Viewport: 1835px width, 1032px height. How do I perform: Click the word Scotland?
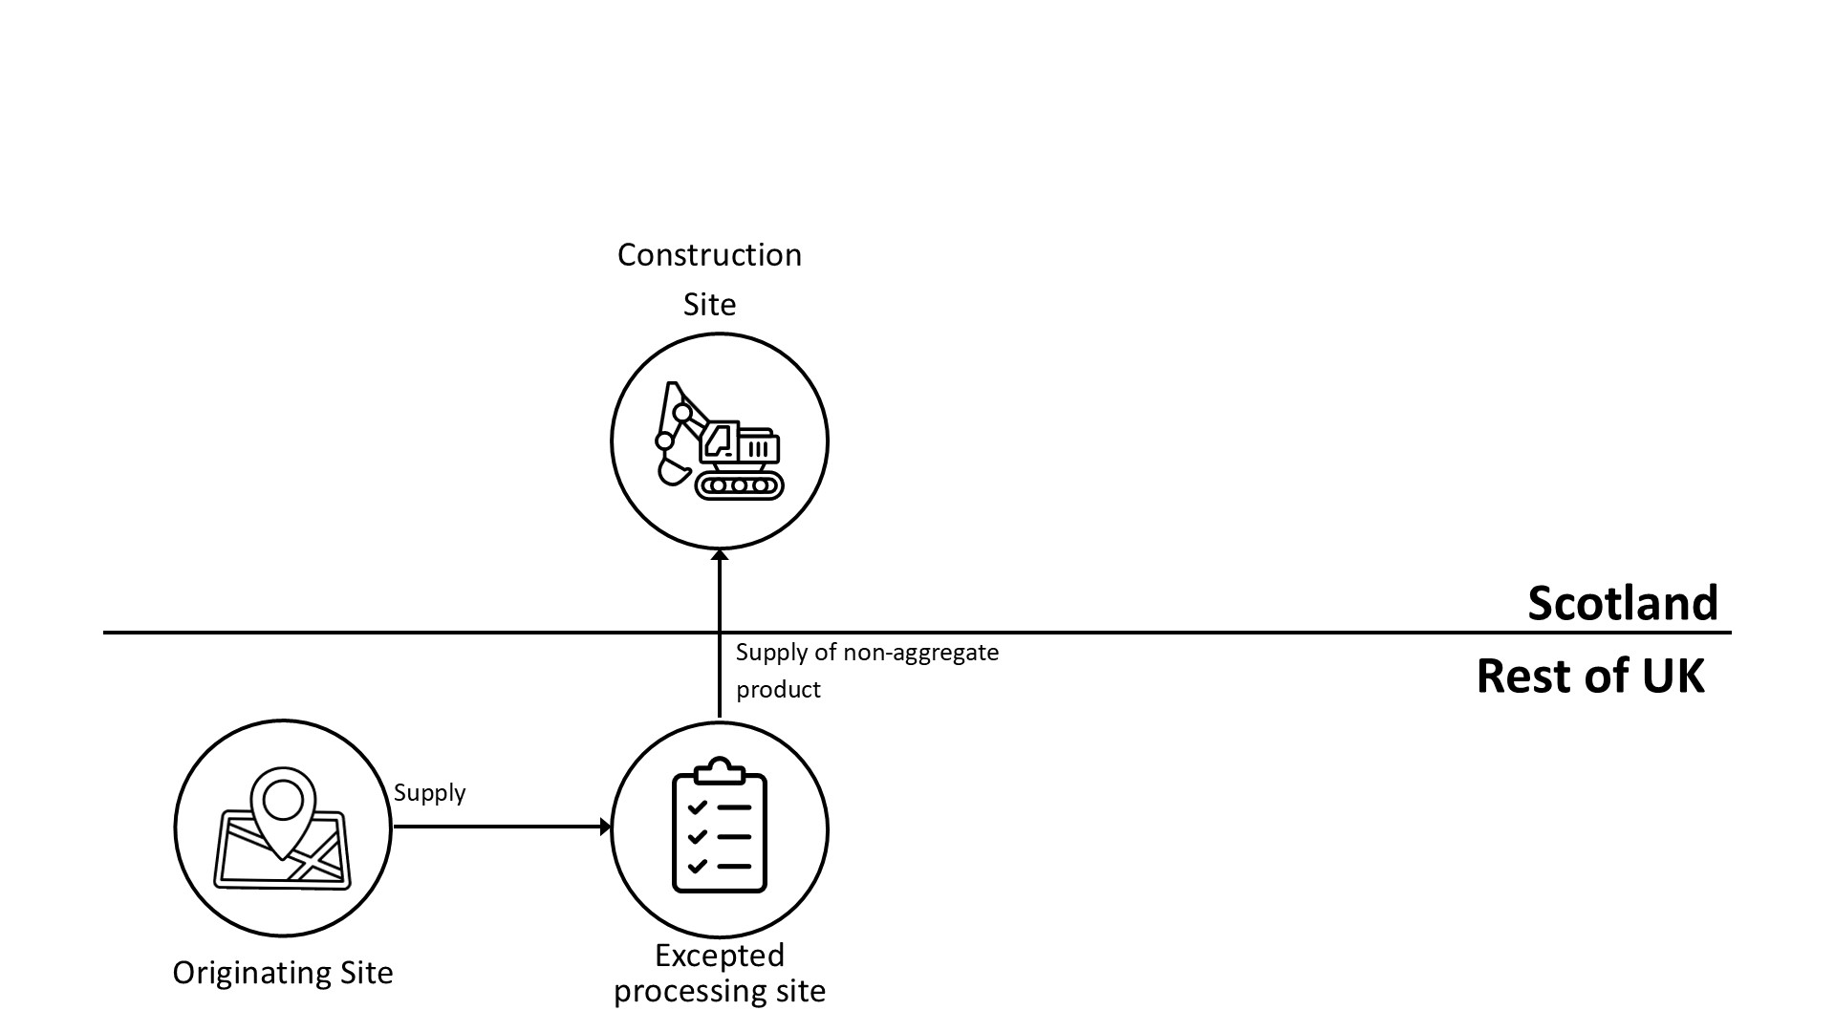click(x=1622, y=604)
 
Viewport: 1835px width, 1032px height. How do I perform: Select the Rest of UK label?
click(x=1589, y=677)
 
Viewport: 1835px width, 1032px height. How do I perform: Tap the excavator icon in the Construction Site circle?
click(x=719, y=441)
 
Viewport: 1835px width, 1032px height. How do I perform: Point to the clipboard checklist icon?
click(x=720, y=827)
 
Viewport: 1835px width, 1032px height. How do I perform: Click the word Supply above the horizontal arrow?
click(x=429, y=793)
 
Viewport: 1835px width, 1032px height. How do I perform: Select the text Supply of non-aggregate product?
click(x=866, y=670)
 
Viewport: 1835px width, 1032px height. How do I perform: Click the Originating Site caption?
click(x=283, y=973)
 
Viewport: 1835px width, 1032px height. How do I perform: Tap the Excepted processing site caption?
click(x=719, y=973)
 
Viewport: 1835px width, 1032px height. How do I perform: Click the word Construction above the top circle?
click(x=709, y=255)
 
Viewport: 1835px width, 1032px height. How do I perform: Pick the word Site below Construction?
click(x=709, y=305)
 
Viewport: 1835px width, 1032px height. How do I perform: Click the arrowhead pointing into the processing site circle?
click(x=605, y=827)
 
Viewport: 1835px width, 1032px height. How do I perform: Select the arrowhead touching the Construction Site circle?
click(x=720, y=555)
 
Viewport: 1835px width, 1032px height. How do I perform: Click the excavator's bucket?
click(x=674, y=471)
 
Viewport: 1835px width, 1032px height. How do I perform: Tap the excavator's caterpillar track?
click(x=739, y=485)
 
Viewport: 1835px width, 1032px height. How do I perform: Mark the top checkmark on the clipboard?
click(x=697, y=807)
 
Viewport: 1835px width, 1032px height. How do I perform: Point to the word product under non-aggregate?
click(x=778, y=690)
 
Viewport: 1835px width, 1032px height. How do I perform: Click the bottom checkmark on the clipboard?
click(x=697, y=867)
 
